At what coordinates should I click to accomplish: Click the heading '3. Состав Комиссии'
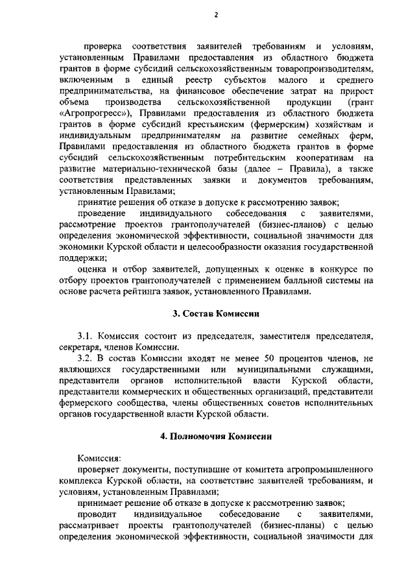coord(215,314)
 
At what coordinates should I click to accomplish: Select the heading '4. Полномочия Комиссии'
coord(215,437)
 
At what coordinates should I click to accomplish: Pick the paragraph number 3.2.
coord(86,357)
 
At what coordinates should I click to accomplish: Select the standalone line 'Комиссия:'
coord(99,457)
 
